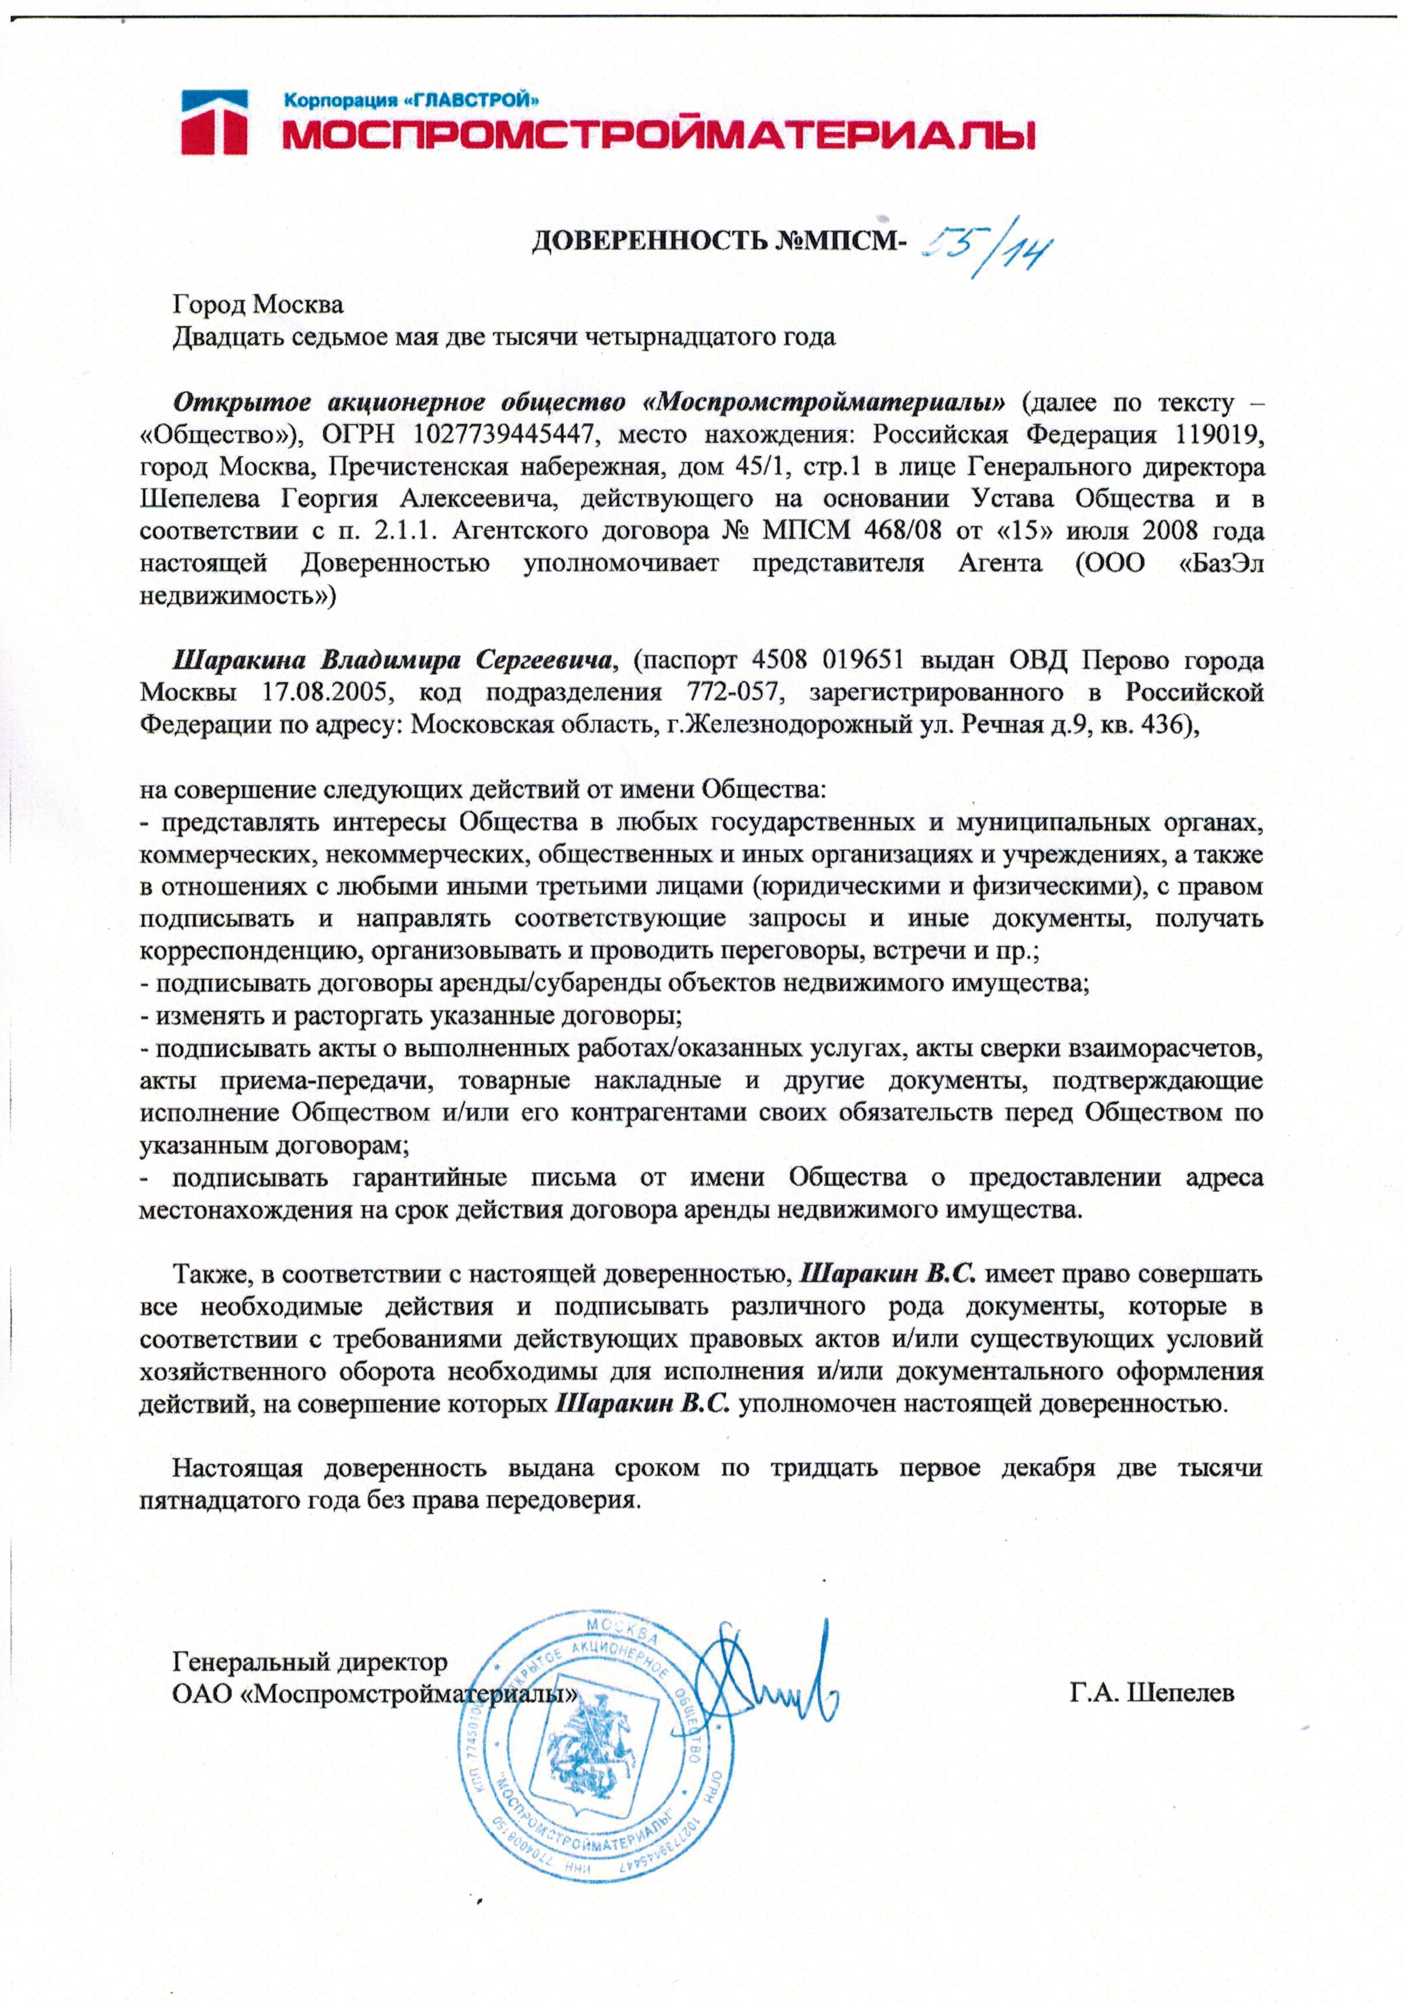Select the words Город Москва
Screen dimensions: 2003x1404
point(258,304)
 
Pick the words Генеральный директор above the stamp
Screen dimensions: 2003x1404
point(310,1661)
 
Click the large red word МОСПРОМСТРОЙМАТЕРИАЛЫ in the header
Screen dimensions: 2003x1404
point(659,135)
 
